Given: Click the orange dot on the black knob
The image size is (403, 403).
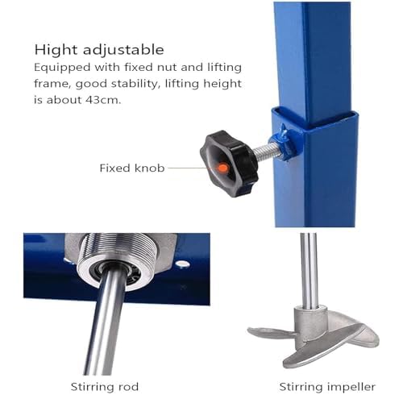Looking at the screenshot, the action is coord(223,168).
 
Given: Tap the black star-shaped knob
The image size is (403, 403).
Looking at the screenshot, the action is coord(229,164).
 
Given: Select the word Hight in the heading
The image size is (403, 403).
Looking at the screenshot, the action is coord(56,50).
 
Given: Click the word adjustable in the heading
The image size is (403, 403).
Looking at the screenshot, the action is coord(123,50).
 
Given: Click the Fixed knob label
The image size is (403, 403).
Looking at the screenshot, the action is coord(132,168).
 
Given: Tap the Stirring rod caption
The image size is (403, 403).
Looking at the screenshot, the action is coord(105,387).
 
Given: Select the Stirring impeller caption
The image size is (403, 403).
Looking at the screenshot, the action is coord(327,387).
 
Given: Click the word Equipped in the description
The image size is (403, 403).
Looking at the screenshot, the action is coord(62,68).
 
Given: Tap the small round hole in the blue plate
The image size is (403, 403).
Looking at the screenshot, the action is coord(183,264).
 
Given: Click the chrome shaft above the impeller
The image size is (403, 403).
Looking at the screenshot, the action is coord(309,269).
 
